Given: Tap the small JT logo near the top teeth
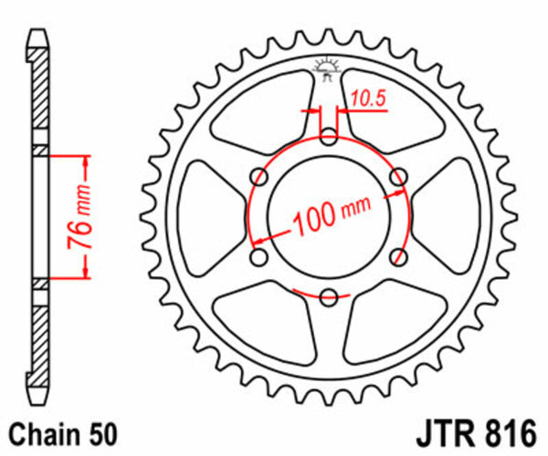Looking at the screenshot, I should pyautogui.click(x=326, y=69).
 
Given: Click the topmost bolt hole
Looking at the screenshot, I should pyautogui.click(x=329, y=137).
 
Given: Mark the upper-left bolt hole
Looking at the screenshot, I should pyautogui.click(x=261, y=176).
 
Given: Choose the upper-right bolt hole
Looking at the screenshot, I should pyautogui.click(x=397, y=176).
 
